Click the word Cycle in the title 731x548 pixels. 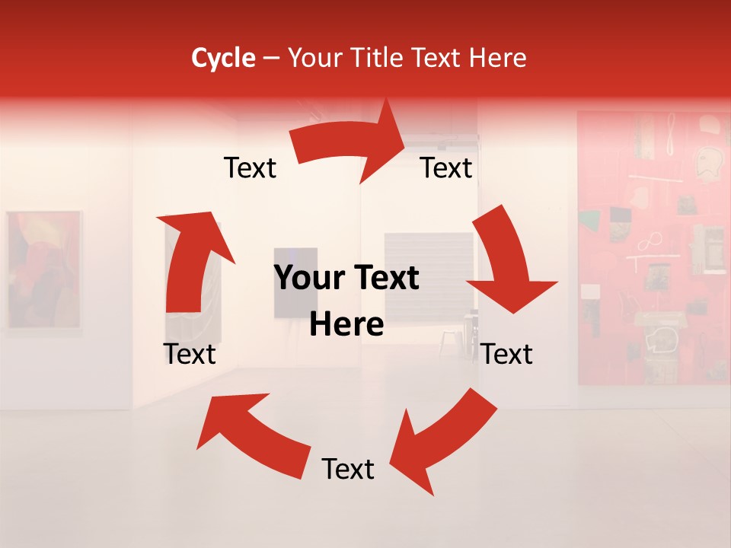tap(223, 58)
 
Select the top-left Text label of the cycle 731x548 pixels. tap(250, 168)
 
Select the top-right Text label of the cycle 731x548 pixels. tap(446, 168)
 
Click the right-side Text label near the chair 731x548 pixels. tap(506, 355)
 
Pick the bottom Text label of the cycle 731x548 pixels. tap(348, 470)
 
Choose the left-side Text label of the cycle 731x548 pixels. tap(190, 355)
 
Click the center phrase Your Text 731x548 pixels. tap(346, 279)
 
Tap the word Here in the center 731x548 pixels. tap(346, 325)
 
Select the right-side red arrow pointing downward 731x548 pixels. tap(506, 263)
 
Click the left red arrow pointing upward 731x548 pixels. tap(190, 263)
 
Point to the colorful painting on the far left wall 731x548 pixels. tap(43, 270)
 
